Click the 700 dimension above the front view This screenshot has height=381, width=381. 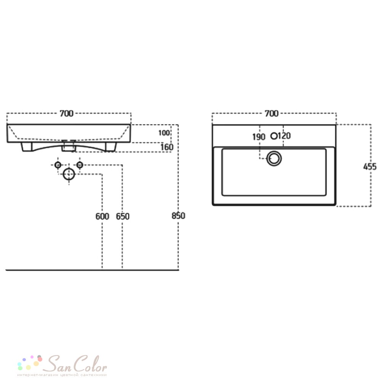pyautogui.click(x=67, y=114)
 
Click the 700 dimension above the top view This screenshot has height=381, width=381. pyautogui.click(x=272, y=114)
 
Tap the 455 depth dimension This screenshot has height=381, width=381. pyautogui.click(x=370, y=167)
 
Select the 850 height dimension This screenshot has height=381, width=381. pyautogui.click(x=178, y=216)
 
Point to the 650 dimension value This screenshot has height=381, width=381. pyautogui.click(x=123, y=216)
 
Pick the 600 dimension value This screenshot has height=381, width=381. pyautogui.click(x=102, y=216)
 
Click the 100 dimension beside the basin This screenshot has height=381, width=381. pyautogui.click(x=164, y=133)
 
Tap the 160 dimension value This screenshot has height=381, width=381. pyautogui.click(x=167, y=147)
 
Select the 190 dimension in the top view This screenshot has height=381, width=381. pyautogui.click(x=259, y=137)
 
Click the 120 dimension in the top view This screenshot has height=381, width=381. pyautogui.click(x=284, y=136)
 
